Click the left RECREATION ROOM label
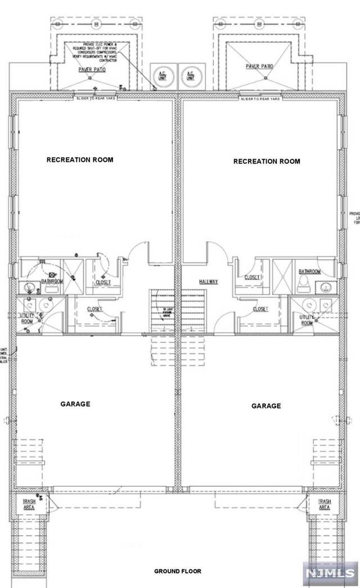[79, 160]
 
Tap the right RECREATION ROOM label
[267, 161]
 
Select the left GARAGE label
[75, 404]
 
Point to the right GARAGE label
[266, 406]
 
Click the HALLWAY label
[208, 282]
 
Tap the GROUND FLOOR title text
[178, 571]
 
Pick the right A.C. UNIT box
[190, 76]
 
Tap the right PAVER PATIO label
[259, 66]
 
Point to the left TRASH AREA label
[29, 504]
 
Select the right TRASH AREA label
[325, 504]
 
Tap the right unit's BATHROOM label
[309, 272]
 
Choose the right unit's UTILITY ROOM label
[307, 320]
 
